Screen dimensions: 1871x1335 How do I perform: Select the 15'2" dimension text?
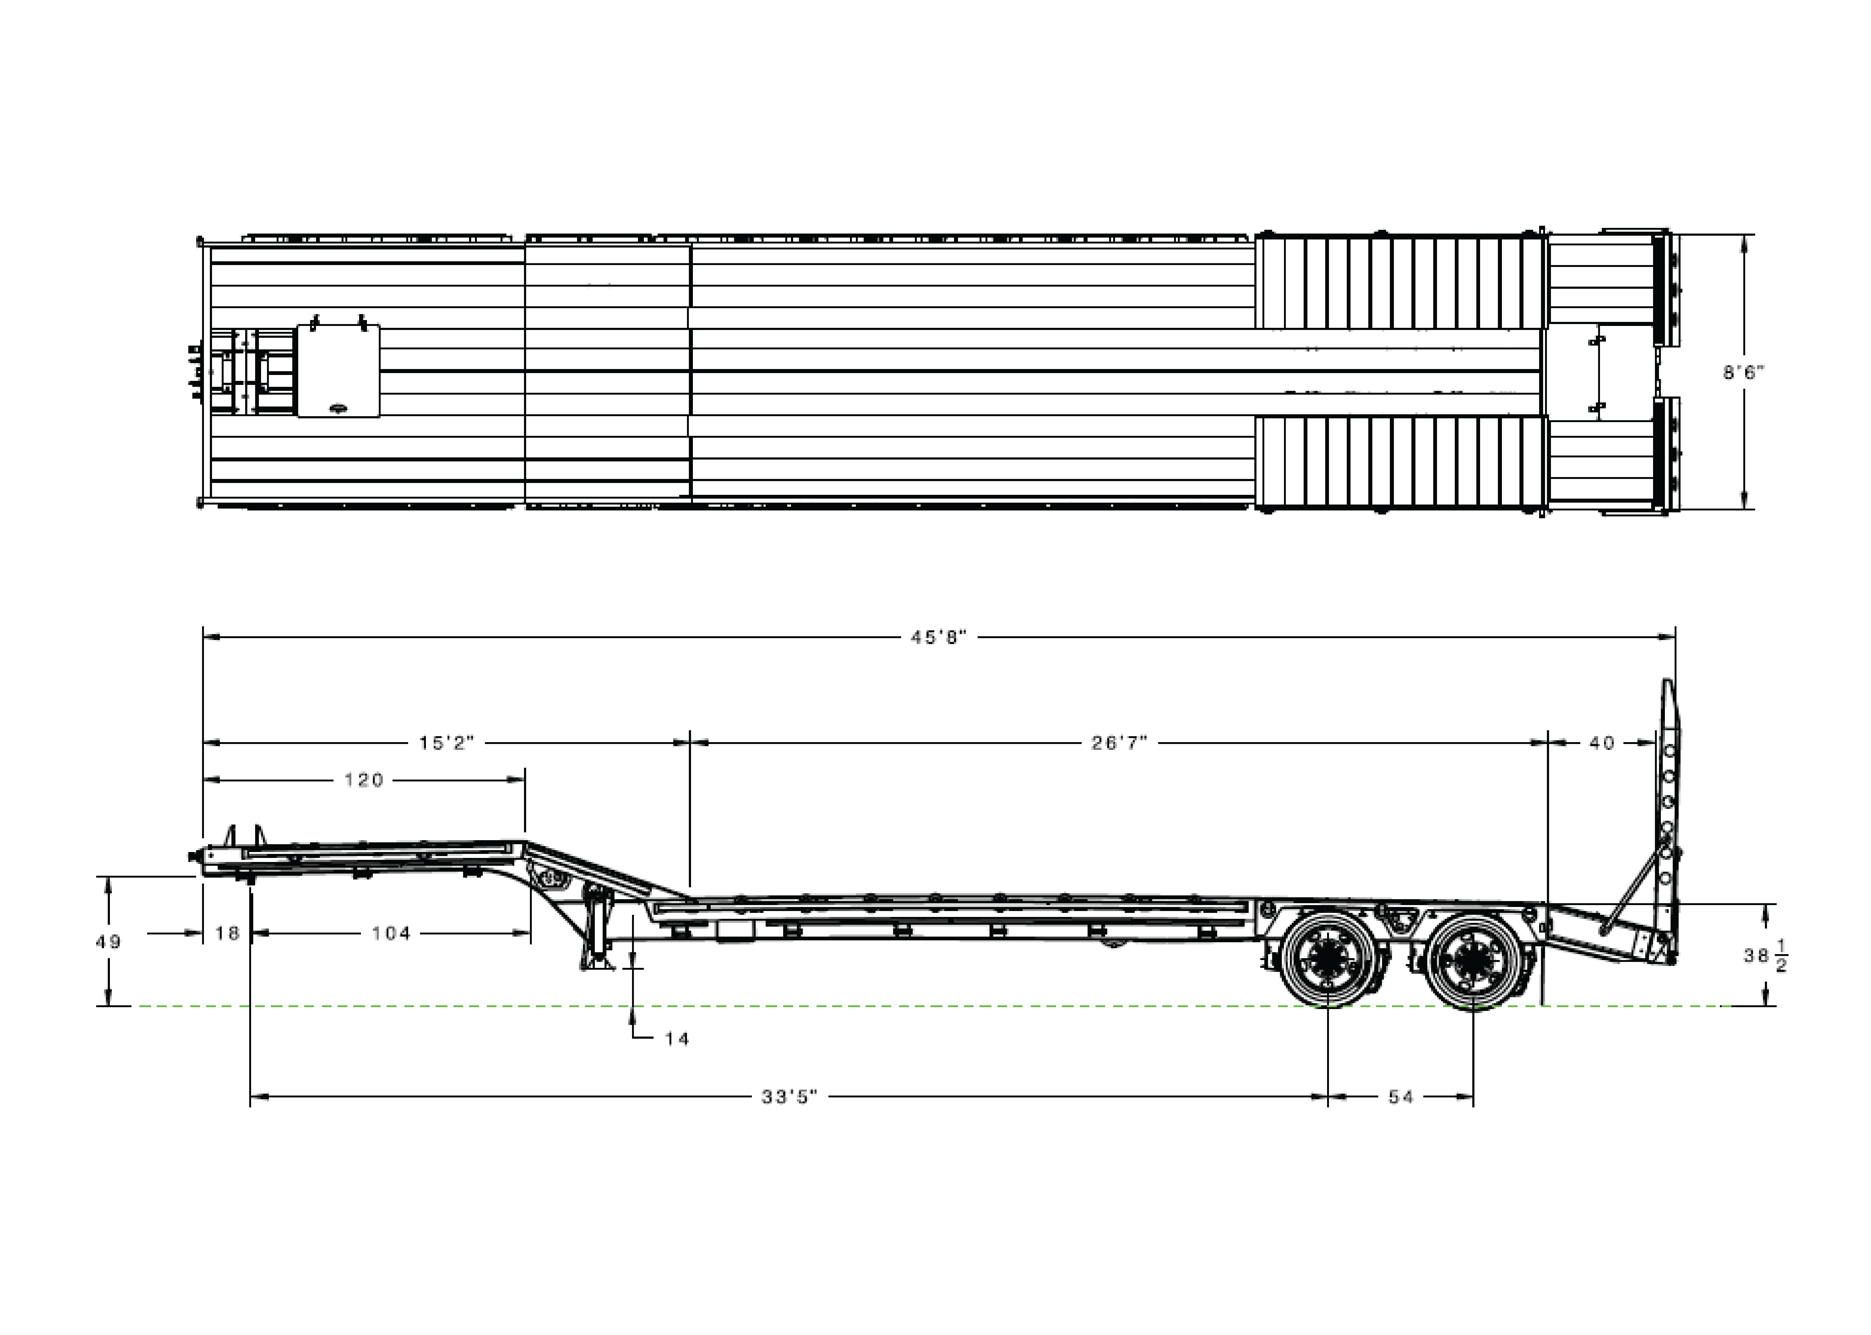pyautogui.click(x=446, y=743)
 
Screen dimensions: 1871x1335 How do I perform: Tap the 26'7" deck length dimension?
pyautogui.click(x=1119, y=743)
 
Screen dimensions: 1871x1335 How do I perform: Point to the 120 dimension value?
pyautogui.click(x=364, y=780)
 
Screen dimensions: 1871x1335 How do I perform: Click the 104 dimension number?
pyautogui.click(x=391, y=933)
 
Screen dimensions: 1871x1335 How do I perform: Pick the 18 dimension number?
pyautogui.click(x=227, y=933)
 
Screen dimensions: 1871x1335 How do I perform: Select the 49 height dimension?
pyautogui.click(x=109, y=942)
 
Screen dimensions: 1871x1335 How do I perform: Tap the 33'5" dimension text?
pyautogui.click(x=789, y=1097)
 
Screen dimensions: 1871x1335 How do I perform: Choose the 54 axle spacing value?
pyautogui.click(x=1401, y=1097)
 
